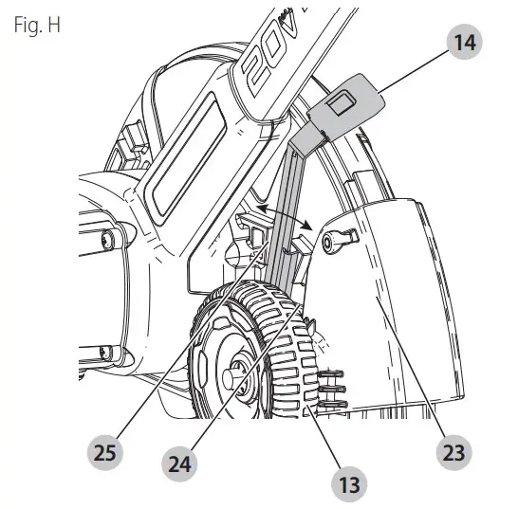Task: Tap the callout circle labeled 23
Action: click(453, 453)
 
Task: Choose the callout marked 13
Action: click(348, 484)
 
